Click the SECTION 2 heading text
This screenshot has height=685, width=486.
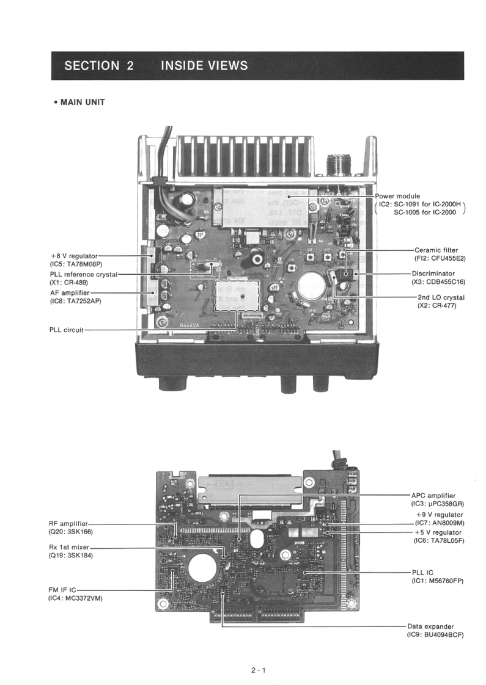98,66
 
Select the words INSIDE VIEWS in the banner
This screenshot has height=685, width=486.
204,66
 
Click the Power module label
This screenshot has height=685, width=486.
397,196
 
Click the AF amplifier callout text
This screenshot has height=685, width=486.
70,292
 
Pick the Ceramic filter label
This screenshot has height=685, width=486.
436,250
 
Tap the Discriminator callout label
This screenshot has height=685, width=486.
433,274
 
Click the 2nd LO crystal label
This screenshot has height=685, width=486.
438,297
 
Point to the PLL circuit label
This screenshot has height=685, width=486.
66,330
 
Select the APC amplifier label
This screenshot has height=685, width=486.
433,495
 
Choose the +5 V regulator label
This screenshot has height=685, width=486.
438,532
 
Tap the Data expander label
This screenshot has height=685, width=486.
430,626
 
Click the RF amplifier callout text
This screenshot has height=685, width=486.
68,523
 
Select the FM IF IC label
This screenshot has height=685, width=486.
63,590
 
